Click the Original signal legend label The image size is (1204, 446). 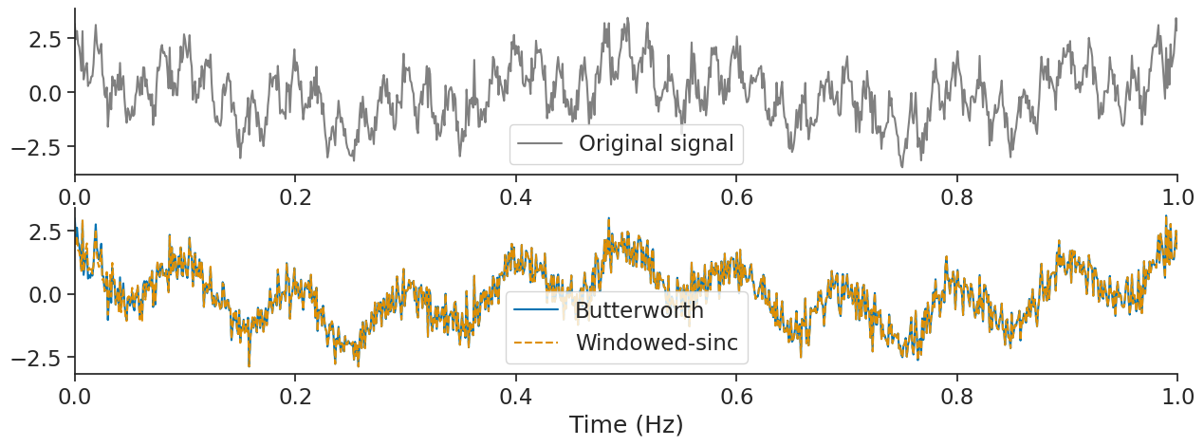pos(656,144)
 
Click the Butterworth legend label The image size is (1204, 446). pos(639,310)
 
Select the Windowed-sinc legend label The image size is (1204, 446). pos(657,343)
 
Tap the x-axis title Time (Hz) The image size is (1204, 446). pos(626,424)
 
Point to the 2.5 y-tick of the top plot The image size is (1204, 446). pos(45,39)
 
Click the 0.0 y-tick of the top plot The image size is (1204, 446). pos(45,93)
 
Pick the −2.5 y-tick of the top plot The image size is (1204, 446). pos(38,147)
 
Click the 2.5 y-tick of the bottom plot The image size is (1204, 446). pos(45,232)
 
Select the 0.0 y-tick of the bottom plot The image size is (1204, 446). pos(45,294)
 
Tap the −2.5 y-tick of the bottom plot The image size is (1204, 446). pos(38,358)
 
